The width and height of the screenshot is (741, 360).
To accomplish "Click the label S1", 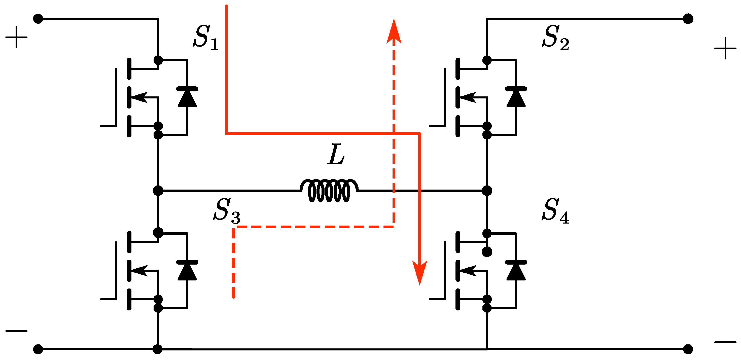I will click(x=205, y=37).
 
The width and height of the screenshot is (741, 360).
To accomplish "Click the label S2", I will click(x=555, y=37).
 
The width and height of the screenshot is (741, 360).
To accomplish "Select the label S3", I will click(x=227, y=211).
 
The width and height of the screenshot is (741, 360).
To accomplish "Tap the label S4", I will click(x=555, y=211).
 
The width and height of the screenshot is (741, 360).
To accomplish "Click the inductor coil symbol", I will click(x=329, y=190).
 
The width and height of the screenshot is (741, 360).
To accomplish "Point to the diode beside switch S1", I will click(x=187, y=97).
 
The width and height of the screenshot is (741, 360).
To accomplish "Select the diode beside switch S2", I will click(x=516, y=97).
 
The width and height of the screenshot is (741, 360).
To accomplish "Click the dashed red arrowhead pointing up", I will click(x=394, y=32).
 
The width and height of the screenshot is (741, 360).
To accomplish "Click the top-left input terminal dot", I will click(x=38, y=19).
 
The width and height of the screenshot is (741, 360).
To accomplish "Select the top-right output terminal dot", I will click(x=688, y=19).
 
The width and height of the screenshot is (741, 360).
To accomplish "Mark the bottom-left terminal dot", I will click(x=38, y=349).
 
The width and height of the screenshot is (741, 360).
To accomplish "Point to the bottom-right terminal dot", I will click(x=688, y=349).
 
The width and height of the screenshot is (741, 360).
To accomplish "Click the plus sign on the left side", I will click(x=16, y=37).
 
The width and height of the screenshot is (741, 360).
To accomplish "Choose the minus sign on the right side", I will click(x=725, y=342).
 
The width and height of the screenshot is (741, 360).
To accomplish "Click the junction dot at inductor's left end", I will click(x=158, y=190).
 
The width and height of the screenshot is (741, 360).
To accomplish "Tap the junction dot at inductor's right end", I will click(x=487, y=190).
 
